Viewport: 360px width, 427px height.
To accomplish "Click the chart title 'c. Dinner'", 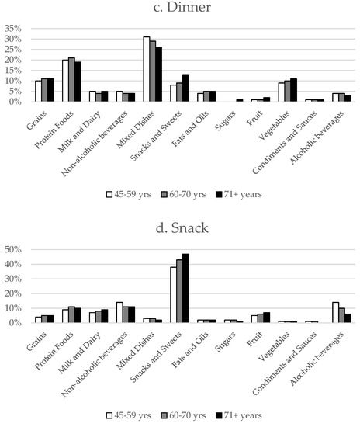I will pyautogui.click(x=180, y=9).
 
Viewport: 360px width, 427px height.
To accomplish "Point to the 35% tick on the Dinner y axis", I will pyautogui.click(x=17, y=28).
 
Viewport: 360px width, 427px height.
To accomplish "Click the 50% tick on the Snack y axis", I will pyautogui.click(x=17, y=249).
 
